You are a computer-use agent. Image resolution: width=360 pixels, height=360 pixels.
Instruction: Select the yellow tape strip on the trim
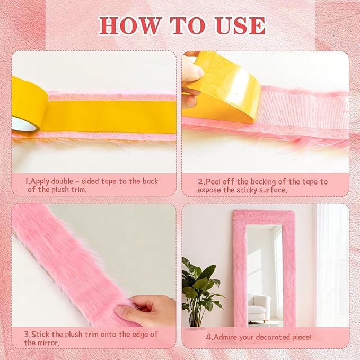[x=111, y=116]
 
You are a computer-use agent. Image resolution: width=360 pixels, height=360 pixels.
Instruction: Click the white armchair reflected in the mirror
[x=259, y=308]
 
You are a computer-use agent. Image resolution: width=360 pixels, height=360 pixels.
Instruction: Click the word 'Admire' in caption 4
[x=229, y=337]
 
